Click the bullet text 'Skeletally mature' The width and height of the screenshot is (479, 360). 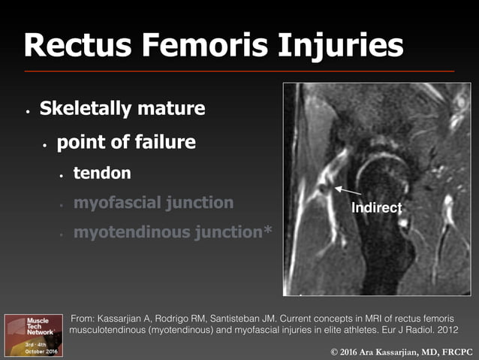(122, 109)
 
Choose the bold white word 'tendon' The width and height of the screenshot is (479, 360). (102, 174)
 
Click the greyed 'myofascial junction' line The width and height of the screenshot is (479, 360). (153, 203)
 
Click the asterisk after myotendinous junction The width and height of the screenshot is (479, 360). (267, 231)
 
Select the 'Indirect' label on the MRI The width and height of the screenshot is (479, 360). (377, 207)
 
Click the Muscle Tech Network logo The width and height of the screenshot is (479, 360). (34, 335)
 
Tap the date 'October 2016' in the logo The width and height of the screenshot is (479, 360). (34, 351)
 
